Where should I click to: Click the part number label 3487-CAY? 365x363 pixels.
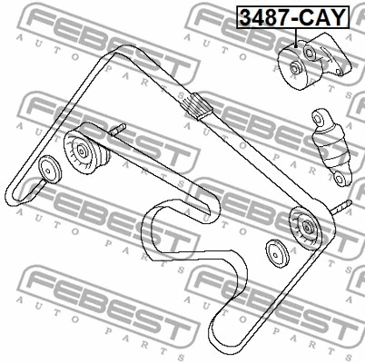tap(292, 17)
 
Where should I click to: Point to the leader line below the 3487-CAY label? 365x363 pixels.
tap(295, 37)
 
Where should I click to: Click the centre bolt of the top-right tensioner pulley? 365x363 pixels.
tap(295, 67)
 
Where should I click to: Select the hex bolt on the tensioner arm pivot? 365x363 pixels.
tap(310, 52)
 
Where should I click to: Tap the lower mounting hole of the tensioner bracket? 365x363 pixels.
tap(340, 72)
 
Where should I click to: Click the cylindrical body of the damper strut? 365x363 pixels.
tap(331, 148)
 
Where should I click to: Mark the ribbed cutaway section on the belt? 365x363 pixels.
tap(195, 106)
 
